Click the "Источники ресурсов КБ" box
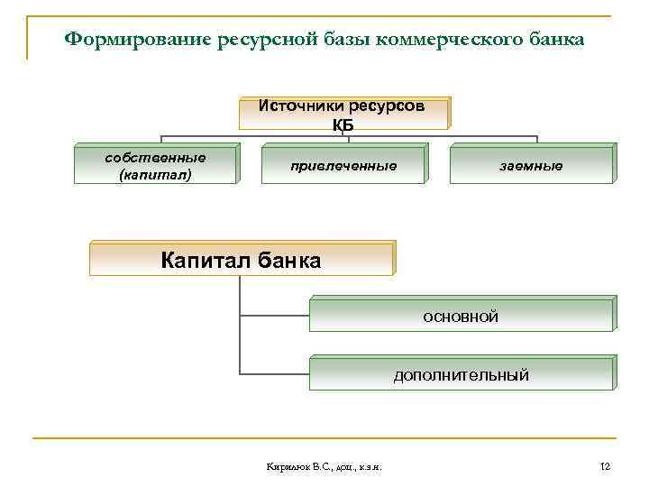point(343,114)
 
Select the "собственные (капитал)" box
point(155,165)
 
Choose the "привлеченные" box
point(343,166)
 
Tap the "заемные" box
point(532,166)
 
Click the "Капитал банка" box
point(241,261)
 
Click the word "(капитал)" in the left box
point(155,174)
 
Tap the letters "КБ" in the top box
point(343,124)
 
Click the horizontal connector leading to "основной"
point(275,316)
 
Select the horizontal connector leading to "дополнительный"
point(275,372)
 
